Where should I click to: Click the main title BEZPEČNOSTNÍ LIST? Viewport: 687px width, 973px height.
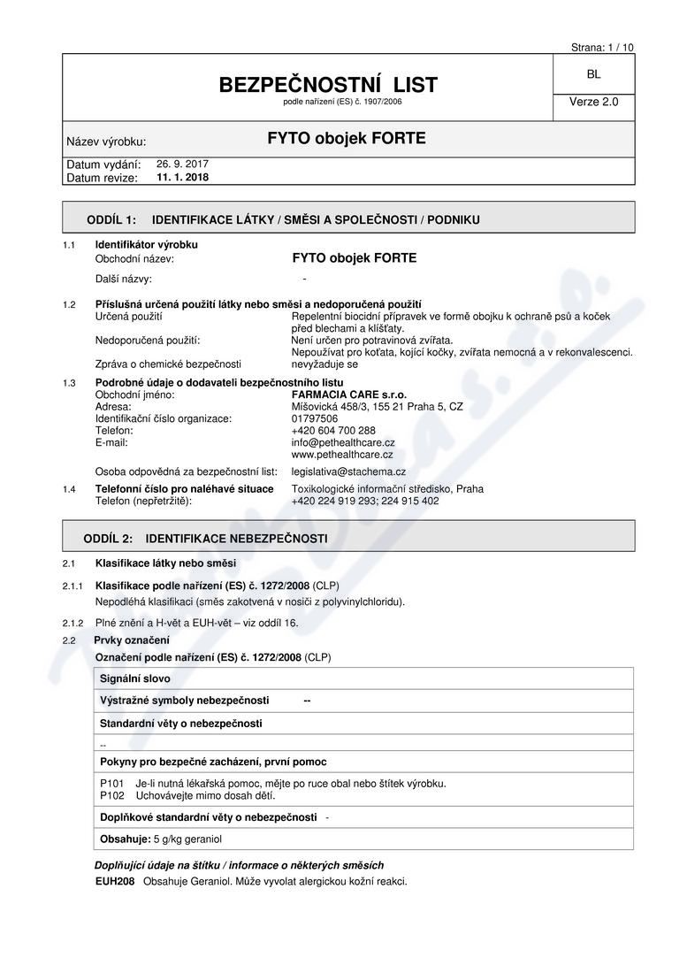328,85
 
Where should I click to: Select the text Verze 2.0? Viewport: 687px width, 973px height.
593,102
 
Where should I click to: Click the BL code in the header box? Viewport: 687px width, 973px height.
592,75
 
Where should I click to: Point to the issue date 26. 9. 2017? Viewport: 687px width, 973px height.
182,164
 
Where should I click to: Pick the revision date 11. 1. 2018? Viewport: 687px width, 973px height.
183,177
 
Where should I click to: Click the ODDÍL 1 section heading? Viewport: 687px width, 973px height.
283,219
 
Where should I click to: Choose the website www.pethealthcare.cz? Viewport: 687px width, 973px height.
342,454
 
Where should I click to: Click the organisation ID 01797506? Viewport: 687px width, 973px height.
315,418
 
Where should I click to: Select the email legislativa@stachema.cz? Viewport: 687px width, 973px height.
348,471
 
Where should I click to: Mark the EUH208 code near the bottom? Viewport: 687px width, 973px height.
114,882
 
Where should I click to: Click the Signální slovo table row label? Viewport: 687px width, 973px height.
135,678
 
